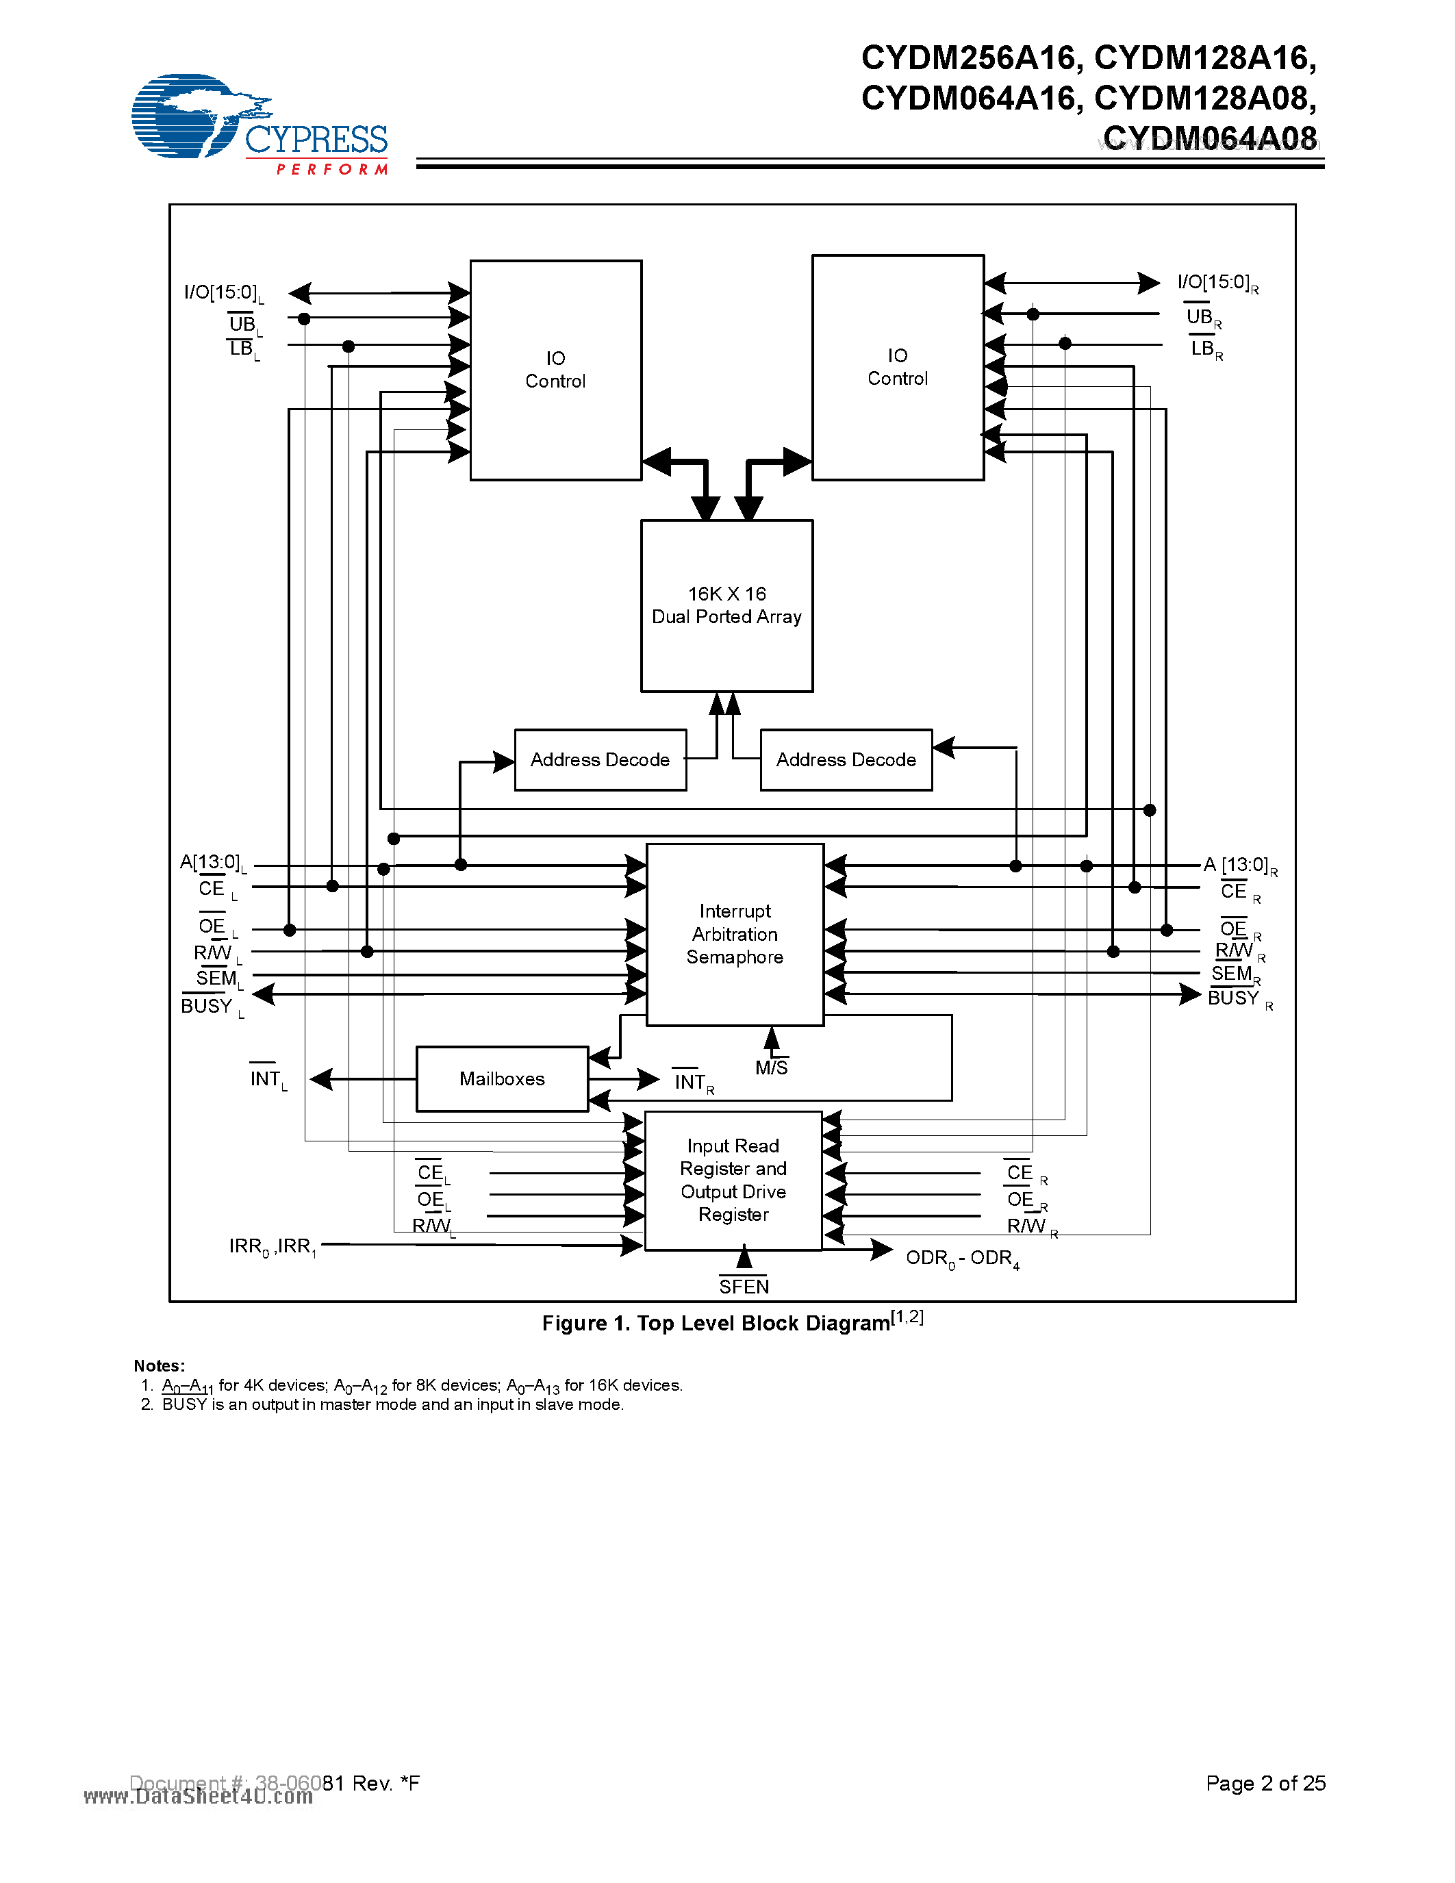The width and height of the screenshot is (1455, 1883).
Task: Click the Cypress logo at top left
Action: (x=259, y=124)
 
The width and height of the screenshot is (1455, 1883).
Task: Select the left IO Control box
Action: (x=555, y=370)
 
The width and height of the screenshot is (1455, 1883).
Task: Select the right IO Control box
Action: (x=898, y=367)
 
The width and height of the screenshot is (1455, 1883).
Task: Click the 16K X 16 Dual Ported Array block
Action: (x=726, y=605)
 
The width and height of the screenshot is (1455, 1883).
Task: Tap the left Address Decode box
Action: (x=600, y=759)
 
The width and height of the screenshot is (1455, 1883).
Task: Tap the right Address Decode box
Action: (x=846, y=759)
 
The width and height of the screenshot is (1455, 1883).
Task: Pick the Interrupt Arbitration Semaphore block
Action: (x=735, y=935)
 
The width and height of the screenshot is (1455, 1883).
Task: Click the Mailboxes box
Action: (x=502, y=1078)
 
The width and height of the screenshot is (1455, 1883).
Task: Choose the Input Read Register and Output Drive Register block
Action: (x=733, y=1180)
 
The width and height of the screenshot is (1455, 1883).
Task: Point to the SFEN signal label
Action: (x=744, y=1287)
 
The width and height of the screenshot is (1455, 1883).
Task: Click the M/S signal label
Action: (x=772, y=1068)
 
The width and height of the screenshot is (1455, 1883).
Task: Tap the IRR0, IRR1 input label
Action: (x=273, y=1247)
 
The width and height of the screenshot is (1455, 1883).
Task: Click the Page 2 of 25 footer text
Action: (x=1265, y=1783)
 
